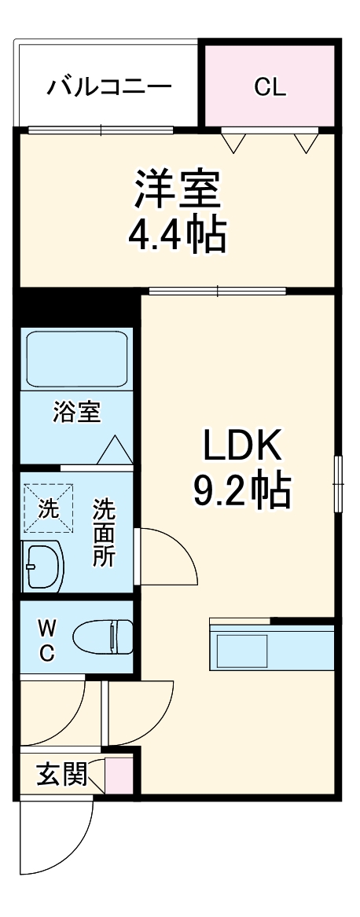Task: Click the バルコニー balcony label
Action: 108,86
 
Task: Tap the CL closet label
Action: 270,86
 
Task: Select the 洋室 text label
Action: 178,189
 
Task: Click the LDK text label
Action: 242,447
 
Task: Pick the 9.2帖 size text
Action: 242,491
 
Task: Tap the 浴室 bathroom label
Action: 77,412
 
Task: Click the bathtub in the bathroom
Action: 77,358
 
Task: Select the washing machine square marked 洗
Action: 49,507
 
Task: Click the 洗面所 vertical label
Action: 104,532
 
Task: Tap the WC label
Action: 46,640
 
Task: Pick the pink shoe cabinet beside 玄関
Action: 119,775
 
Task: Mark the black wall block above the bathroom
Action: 77,307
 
